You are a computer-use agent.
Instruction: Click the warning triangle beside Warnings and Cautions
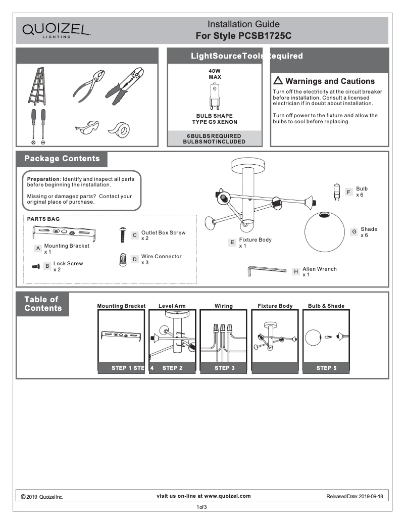278,81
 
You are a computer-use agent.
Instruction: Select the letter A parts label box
38,249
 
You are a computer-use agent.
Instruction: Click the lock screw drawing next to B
36,266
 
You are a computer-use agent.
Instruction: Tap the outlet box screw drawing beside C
122,234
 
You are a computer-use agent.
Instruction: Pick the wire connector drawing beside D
122,260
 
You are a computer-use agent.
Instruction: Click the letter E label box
232,243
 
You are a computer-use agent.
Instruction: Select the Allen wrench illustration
267,272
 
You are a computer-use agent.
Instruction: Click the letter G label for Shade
355,232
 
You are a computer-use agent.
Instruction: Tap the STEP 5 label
326,368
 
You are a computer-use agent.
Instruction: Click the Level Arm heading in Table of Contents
172,306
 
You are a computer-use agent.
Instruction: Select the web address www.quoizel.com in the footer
227,496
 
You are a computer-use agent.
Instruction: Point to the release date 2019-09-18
371,497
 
